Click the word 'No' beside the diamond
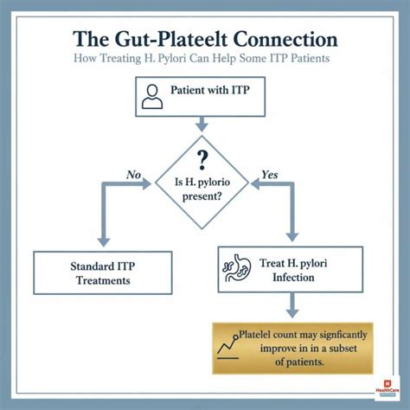click(132, 175)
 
